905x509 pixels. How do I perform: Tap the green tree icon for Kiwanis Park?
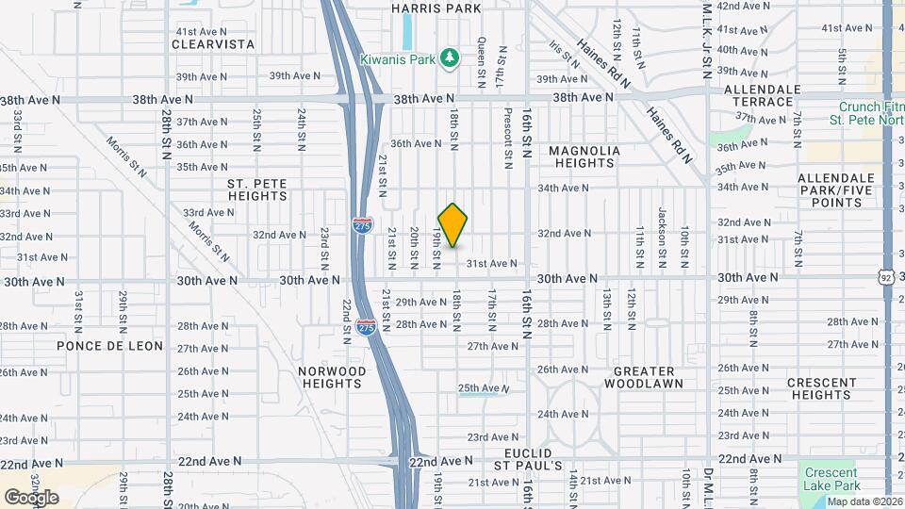coord(451,58)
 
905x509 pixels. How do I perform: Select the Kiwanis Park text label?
coord(397,59)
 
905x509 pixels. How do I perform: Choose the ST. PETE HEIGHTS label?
coord(257,189)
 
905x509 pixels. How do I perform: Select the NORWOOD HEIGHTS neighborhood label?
coord(332,378)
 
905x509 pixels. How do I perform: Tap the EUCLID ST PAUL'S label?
coord(529,458)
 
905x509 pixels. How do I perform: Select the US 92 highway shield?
coord(885,275)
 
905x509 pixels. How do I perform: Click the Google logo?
coord(31,498)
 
